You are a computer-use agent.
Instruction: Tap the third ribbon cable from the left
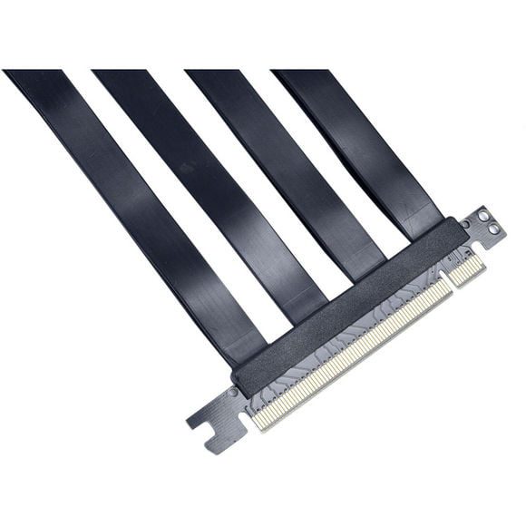point(290,163)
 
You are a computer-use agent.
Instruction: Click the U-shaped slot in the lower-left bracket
point(218,420)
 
